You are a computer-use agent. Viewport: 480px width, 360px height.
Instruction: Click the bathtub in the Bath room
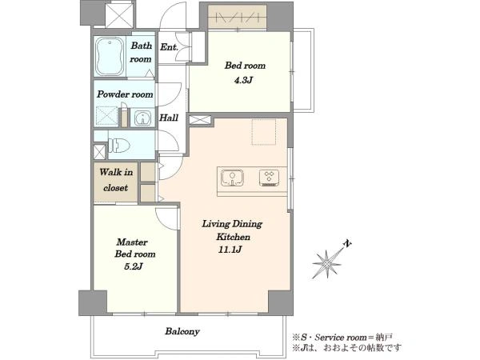[x=109, y=57]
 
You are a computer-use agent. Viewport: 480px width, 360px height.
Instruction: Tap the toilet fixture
[x=118, y=145]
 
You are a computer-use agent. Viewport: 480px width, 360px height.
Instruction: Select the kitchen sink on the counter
[x=232, y=178]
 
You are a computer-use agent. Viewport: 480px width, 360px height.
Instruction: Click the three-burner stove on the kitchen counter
[x=269, y=178]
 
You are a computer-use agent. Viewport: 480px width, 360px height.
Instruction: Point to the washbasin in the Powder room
[x=142, y=118]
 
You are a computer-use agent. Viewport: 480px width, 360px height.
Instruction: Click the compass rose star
[x=327, y=263]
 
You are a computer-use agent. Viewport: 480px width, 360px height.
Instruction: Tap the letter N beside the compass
[x=347, y=243]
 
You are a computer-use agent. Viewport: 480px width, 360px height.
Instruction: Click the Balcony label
[x=182, y=331]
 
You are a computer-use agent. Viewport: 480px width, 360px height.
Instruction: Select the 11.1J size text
[x=230, y=250]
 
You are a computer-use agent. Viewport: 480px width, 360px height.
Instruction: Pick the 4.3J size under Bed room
[x=243, y=80]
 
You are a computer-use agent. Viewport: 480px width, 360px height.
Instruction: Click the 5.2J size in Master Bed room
[x=134, y=266]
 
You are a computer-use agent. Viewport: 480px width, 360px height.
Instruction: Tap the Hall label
[x=169, y=118]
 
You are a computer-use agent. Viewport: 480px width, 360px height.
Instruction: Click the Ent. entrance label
[x=169, y=47]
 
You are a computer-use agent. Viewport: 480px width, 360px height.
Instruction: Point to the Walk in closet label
[x=116, y=180]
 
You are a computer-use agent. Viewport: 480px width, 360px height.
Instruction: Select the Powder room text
[x=125, y=94]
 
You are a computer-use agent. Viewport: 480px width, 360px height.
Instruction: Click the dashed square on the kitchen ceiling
[x=264, y=132]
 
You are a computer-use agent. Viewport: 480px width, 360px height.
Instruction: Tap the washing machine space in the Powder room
[x=107, y=116]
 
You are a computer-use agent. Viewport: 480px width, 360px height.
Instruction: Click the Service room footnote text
[x=342, y=338]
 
